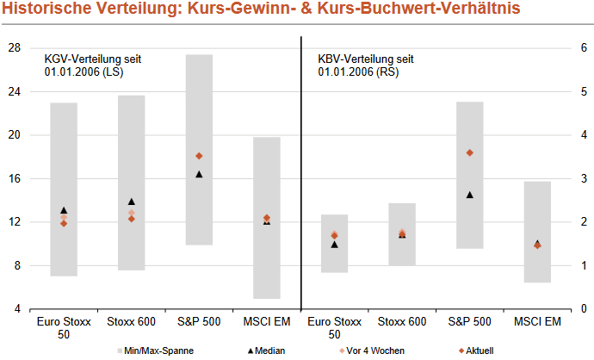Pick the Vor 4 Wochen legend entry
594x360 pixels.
pyautogui.click(x=371, y=351)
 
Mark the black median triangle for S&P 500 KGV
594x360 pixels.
pyautogui.click(x=199, y=174)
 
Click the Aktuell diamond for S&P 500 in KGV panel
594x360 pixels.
pyautogui.click(x=199, y=156)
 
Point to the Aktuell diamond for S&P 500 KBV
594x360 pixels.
pyautogui.click(x=469, y=152)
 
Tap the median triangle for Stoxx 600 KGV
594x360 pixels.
pyautogui.click(x=131, y=202)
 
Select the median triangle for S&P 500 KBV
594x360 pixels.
pyautogui.click(x=469, y=195)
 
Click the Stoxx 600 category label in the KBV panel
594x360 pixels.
pyautogui.click(x=401, y=322)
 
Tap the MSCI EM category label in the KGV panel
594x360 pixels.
pyautogui.click(x=266, y=322)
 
